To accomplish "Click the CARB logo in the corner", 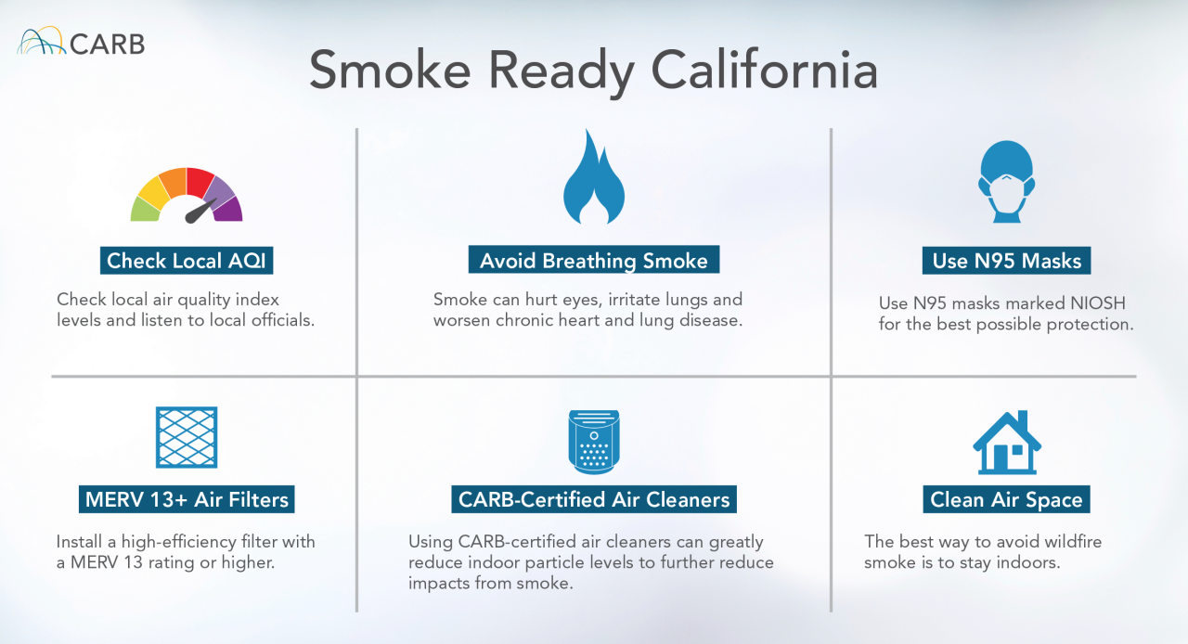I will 81,42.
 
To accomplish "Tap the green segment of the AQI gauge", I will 145,210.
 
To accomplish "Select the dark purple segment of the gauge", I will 229,209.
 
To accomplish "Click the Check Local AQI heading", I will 187,261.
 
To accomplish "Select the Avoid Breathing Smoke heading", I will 594,261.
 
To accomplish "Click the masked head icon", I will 1007,181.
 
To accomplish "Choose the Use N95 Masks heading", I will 1007,261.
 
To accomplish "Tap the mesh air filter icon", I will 187,437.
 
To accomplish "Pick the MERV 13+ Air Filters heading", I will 187,499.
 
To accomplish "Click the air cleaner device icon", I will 593,442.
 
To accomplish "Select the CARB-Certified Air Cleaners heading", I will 594,499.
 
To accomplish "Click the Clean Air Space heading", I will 1007,499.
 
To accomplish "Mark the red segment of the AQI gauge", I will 200,181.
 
